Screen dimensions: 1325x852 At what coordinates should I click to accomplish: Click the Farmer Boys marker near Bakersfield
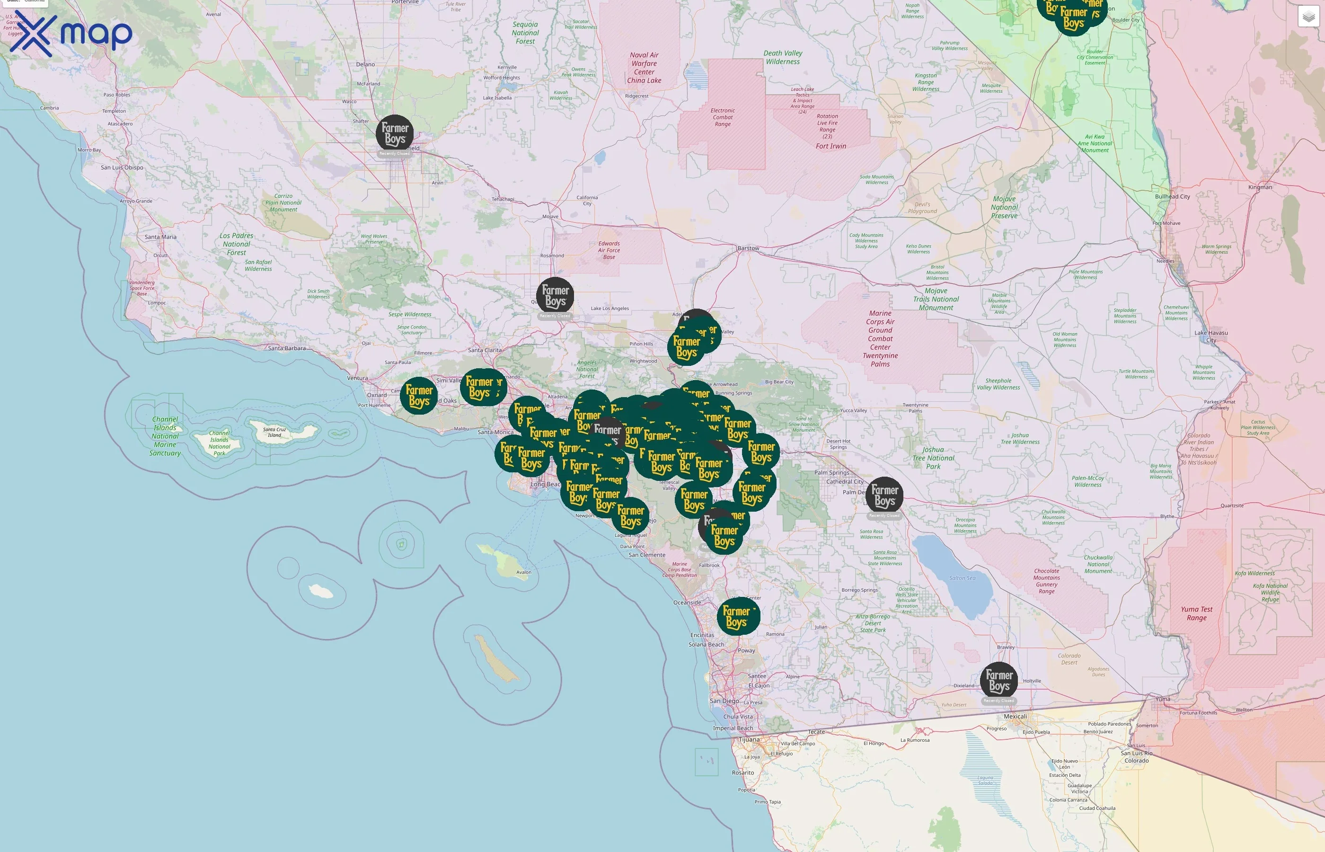[395, 134]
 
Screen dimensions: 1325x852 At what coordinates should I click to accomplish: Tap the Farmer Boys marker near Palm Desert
[884, 495]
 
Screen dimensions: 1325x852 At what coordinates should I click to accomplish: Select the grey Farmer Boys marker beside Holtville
[999, 681]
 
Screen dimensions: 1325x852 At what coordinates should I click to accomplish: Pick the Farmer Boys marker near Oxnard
[419, 396]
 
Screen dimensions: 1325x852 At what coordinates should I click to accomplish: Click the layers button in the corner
[1308, 17]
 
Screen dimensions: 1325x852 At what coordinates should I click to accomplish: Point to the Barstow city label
[748, 248]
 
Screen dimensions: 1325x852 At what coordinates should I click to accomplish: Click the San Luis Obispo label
[122, 168]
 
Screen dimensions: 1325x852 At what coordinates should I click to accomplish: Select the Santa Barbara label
[286, 348]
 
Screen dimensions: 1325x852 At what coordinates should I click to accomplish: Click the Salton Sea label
[962, 578]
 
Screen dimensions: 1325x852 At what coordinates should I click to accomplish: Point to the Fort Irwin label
[830, 147]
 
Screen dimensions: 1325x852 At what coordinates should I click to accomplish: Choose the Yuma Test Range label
[1196, 613]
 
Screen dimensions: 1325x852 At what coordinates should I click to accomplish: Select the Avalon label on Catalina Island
[523, 573]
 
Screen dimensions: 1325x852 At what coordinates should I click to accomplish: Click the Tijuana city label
[749, 740]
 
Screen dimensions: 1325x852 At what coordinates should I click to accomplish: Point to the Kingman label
[1260, 187]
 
